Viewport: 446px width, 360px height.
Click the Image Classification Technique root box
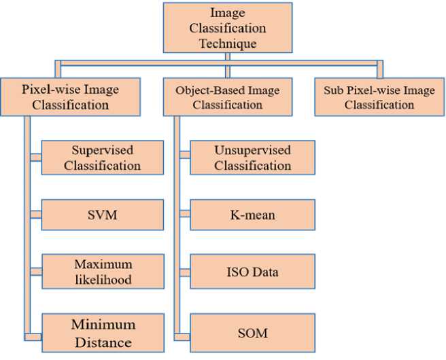pyautogui.click(x=228, y=29)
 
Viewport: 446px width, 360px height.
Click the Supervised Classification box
pyautogui.click(x=103, y=157)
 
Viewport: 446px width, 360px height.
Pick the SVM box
pyautogui.click(x=103, y=215)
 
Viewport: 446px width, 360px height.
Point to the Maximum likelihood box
pyautogui.click(x=103, y=272)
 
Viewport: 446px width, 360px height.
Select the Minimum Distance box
pyautogui.click(x=103, y=331)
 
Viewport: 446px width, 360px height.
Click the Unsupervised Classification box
pyautogui.click(x=252, y=157)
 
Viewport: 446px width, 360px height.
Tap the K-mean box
pyautogui.click(x=252, y=215)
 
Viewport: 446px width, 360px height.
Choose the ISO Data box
pyautogui.click(x=252, y=272)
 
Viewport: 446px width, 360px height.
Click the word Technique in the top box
pyautogui.click(x=228, y=43)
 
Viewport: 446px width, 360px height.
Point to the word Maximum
pyautogui.click(x=104, y=264)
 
